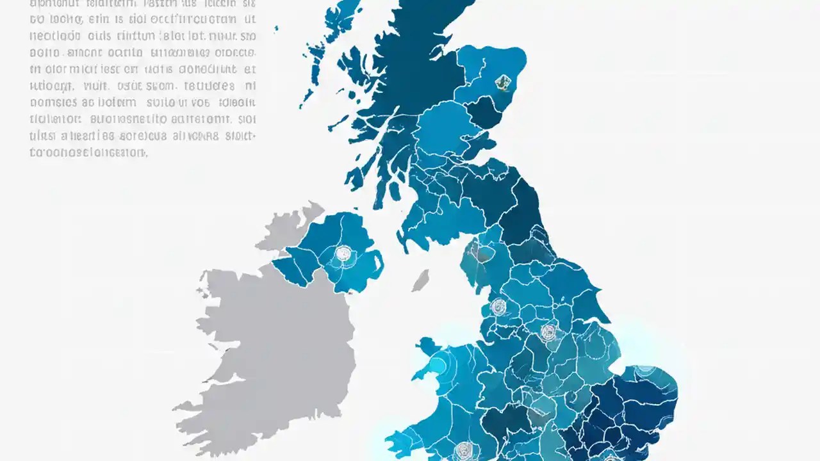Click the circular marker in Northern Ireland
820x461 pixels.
(344, 254)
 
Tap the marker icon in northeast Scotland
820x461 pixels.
(503, 81)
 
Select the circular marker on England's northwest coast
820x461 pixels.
(498, 307)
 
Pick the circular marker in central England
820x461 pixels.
(548, 332)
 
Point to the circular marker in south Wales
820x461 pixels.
(463, 449)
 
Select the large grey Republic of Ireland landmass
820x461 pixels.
(269, 346)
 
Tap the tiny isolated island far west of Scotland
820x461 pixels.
(277, 29)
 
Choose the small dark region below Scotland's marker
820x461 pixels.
(484, 112)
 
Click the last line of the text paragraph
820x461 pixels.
(88, 153)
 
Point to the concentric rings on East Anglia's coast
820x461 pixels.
(646, 371)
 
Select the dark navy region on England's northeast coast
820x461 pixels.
(522, 211)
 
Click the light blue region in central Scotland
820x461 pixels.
(442, 128)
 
